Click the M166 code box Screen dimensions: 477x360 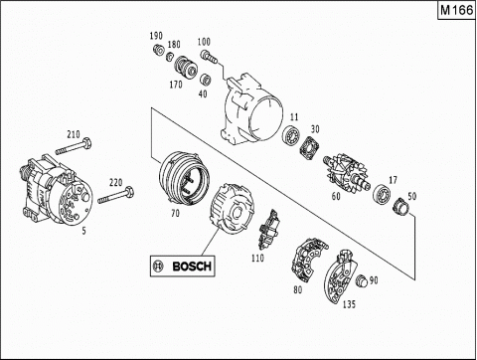click(x=457, y=11)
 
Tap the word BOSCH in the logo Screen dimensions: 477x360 click(x=192, y=266)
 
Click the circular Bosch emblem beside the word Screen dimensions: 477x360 click(x=158, y=266)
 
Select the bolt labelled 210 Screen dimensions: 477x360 click(x=74, y=147)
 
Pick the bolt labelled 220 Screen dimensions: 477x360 click(x=115, y=195)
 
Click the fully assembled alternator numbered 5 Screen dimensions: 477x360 click(x=57, y=190)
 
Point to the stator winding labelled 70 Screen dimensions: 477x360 click(x=184, y=178)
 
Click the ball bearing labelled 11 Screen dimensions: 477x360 click(x=291, y=135)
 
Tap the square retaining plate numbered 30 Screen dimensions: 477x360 click(x=309, y=148)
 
